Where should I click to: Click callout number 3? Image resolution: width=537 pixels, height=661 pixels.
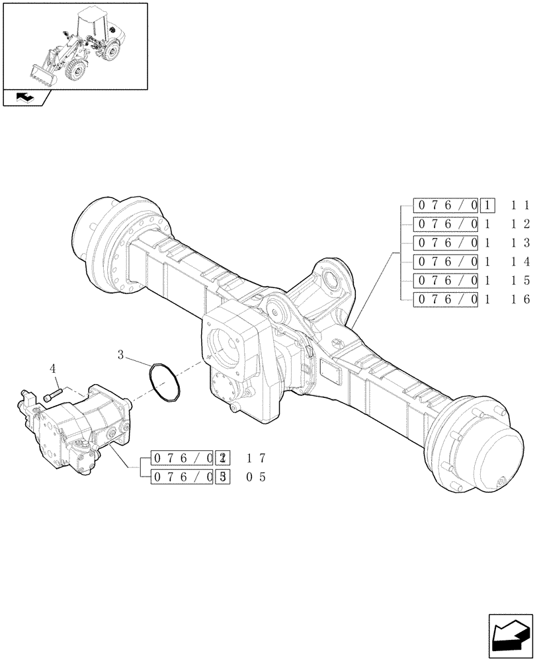(x=121, y=355)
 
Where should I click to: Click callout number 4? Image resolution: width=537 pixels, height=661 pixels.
(x=53, y=368)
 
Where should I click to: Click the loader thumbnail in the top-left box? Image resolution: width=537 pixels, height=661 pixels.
(x=74, y=45)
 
